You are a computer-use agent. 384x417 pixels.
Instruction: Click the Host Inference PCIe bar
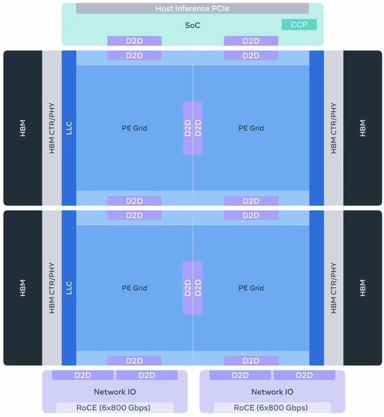192,9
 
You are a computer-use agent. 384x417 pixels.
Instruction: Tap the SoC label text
192,25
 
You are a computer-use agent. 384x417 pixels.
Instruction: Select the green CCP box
299,24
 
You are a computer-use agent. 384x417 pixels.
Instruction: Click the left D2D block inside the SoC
134,41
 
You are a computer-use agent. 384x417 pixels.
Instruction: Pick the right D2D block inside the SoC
251,41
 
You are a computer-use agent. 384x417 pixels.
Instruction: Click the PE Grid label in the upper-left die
134,128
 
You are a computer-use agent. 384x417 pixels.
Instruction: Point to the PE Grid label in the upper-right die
251,128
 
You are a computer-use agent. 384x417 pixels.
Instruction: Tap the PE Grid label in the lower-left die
134,288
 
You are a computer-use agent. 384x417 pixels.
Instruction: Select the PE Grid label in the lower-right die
251,288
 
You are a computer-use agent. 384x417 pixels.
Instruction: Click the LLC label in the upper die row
69,128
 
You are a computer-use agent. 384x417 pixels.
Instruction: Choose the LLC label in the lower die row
69,288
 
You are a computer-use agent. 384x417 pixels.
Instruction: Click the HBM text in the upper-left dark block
23,128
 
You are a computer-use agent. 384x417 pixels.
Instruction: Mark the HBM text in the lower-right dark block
362,288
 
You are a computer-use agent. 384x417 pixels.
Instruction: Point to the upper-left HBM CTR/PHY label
52,128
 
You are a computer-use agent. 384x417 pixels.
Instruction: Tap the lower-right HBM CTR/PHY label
333,288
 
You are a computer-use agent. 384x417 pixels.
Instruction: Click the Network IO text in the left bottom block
115,392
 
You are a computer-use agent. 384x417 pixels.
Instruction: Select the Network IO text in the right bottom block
272,392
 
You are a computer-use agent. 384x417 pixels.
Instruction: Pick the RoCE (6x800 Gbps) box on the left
115,408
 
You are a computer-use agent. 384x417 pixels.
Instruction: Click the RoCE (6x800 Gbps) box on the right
272,408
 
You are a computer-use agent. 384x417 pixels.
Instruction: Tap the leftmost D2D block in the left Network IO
83,375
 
